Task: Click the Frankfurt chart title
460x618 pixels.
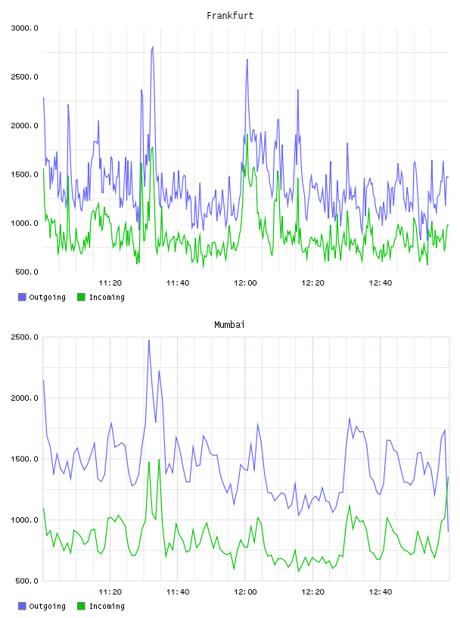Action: click(x=230, y=16)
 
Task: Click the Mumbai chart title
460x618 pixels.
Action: click(x=229, y=325)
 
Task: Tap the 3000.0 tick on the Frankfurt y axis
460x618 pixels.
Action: click(x=24, y=28)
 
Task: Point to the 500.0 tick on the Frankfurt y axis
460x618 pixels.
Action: click(x=26, y=272)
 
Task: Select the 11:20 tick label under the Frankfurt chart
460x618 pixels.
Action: click(x=110, y=283)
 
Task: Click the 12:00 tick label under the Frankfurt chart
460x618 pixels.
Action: click(x=245, y=283)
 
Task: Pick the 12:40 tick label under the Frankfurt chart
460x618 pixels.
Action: click(x=381, y=283)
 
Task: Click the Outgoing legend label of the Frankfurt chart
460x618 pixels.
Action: click(x=47, y=297)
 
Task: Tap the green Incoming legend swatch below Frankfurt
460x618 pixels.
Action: click(x=81, y=297)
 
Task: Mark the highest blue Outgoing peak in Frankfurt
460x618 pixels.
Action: click(x=152, y=46)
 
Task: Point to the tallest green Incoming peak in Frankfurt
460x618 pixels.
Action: click(x=247, y=135)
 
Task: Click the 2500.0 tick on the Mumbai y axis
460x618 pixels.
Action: click(x=24, y=337)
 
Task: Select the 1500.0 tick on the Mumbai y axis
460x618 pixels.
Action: click(x=24, y=459)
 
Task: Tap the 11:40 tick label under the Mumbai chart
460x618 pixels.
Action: click(x=178, y=592)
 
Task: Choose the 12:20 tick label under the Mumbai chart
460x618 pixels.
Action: click(x=312, y=592)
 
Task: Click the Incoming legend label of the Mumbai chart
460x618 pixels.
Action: click(x=107, y=606)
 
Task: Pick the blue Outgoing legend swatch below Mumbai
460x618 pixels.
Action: click(x=22, y=606)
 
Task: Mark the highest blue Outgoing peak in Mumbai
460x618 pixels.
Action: click(x=149, y=340)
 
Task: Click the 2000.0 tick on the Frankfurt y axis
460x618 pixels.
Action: click(x=24, y=126)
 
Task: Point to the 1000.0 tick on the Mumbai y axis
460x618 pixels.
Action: click(x=24, y=520)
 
